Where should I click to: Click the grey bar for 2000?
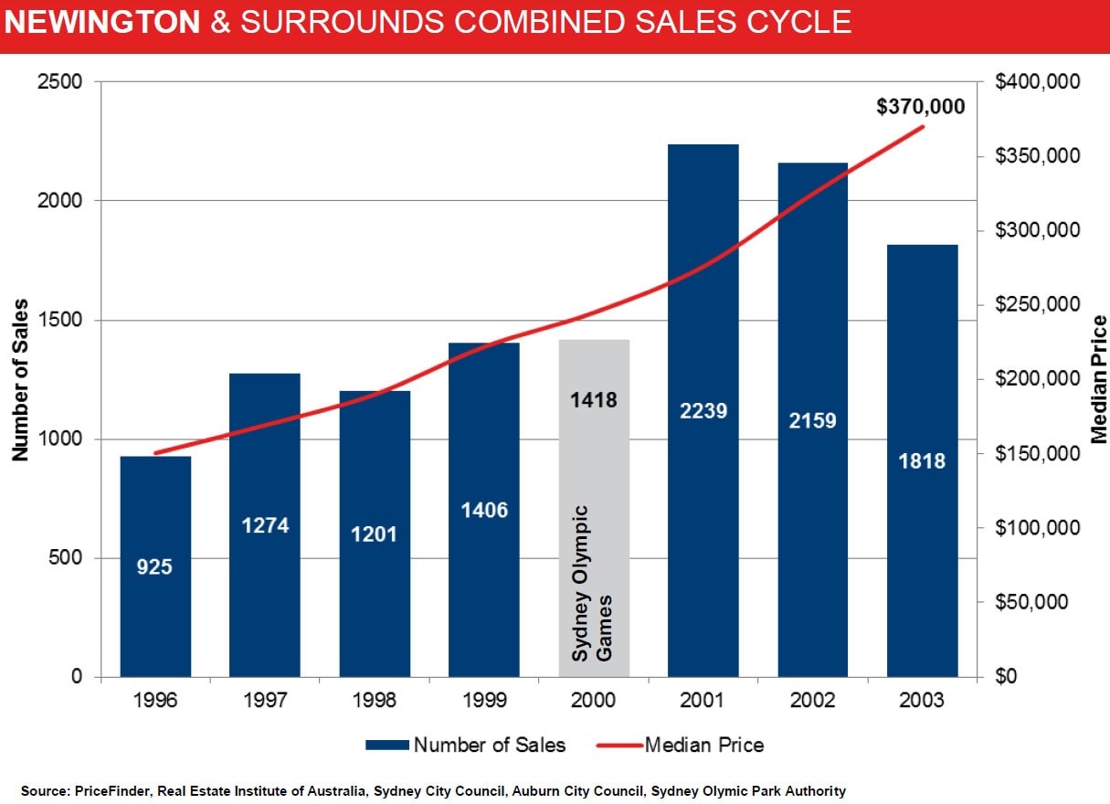594,508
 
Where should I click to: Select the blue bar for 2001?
703,410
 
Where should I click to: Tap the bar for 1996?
155,566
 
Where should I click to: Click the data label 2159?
812,421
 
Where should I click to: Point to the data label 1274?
265,525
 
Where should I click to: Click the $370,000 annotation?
921,107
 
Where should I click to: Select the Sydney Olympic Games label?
592,584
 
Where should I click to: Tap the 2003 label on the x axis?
922,700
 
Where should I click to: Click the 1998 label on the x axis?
375,700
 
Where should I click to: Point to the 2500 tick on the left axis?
59,82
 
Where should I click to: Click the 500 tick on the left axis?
66,557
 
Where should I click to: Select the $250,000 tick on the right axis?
1037,304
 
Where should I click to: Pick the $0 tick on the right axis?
1006,676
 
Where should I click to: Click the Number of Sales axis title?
20,380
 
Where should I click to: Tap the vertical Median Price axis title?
1099,379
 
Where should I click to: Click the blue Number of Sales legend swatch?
387,745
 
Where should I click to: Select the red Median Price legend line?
619,745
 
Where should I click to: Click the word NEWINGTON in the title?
102,22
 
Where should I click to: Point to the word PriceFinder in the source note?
111,790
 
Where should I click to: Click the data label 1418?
594,400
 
